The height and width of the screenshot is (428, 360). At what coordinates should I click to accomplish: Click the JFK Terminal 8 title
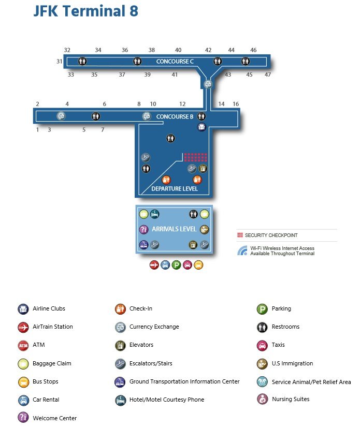point(85,11)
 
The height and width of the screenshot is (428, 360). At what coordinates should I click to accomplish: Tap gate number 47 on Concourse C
point(268,75)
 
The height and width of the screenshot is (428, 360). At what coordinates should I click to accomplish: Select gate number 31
point(59,62)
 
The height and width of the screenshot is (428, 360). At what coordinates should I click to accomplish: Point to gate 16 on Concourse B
point(236,104)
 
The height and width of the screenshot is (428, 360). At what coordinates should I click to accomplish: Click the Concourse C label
point(175,62)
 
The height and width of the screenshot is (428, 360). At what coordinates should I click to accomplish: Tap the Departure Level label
point(175,188)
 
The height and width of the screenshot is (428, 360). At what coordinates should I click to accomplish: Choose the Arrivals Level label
point(174,229)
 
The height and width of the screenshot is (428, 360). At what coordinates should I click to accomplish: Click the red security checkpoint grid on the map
point(195,157)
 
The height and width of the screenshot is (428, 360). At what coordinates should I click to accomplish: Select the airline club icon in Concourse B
point(201,127)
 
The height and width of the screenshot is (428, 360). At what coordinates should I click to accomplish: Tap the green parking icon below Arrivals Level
point(177,265)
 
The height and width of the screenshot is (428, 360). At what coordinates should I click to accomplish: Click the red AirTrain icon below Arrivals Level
point(154,265)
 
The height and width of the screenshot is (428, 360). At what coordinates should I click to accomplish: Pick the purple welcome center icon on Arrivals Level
point(143,229)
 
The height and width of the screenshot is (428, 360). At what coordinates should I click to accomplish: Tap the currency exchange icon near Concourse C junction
point(208,84)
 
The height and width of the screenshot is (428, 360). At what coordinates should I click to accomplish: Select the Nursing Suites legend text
point(291,399)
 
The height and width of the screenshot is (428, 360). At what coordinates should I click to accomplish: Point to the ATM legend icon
point(23,346)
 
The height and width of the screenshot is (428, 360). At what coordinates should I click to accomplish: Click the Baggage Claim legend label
point(52,363)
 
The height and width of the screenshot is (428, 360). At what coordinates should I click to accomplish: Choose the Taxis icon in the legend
point(262,346)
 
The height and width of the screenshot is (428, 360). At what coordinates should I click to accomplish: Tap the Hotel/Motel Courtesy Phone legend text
point(167,400)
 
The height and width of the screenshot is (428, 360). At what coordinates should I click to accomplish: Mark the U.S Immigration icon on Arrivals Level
point(204,230)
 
